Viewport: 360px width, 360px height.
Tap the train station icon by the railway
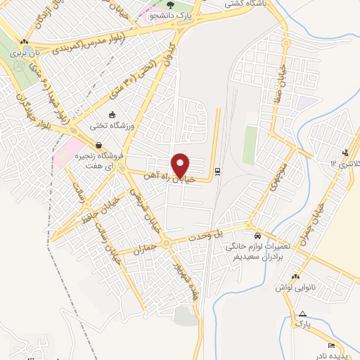coord(217,171)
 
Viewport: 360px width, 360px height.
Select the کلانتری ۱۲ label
coord(344,163)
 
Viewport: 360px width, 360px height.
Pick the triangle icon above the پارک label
coord(302,314)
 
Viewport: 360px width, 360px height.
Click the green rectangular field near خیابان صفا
coord(250,144)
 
